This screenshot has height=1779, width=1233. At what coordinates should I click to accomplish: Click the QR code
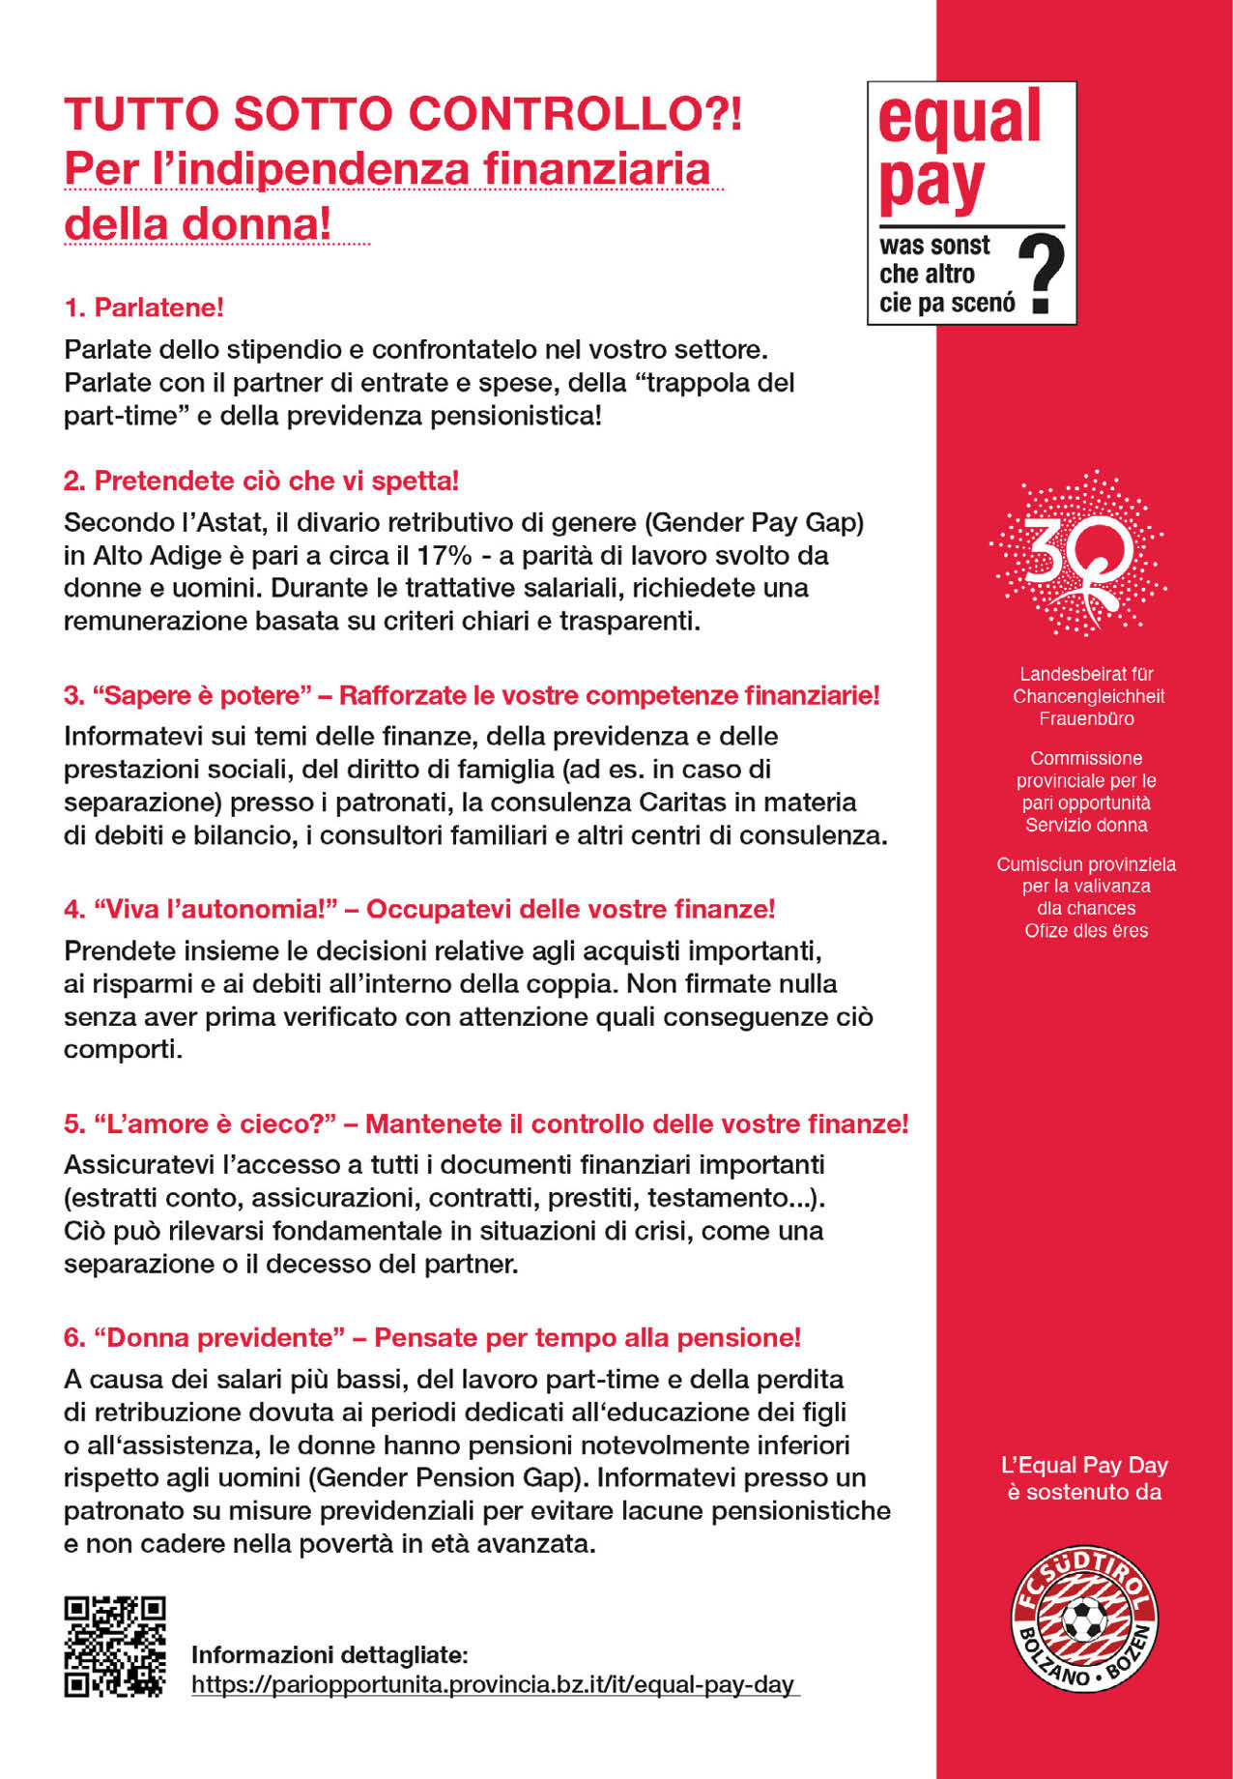click(x=115, y=1647)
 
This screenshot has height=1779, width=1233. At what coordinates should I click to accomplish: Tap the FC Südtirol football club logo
click(x=1084, y=1619)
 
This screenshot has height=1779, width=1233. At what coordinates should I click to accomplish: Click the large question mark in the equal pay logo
click(x=1042, y=275)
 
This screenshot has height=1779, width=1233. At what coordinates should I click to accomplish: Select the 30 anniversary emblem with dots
click(x=1077, y=554)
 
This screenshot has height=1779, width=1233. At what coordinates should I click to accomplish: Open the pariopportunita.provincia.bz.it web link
click(x=493, y=1684)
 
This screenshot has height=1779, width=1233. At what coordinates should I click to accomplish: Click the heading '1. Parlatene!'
click(x=144, y=307)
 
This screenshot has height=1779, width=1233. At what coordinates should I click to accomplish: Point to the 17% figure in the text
click(x=444, y=556)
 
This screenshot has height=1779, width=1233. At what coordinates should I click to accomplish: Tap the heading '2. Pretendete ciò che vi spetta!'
click(x=261, y=481)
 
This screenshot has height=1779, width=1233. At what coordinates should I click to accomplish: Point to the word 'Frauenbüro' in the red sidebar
click(x=1086, y=718)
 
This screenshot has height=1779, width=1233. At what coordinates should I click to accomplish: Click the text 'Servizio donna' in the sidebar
click(x=1086, y=825)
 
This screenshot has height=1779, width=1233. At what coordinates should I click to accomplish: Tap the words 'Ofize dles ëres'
click(x=1086, y=930)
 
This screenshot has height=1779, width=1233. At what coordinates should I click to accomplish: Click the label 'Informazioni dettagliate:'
click(x=330, y=1654)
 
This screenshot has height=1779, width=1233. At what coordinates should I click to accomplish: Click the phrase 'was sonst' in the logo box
click(x=934, y=246)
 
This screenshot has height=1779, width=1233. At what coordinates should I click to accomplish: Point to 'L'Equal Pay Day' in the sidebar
click(x=1084, y=1466)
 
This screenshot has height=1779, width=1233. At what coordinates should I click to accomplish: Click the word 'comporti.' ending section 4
click(x=123, y=1050)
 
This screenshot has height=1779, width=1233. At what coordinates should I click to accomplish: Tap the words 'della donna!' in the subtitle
click(x=198, y=223)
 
